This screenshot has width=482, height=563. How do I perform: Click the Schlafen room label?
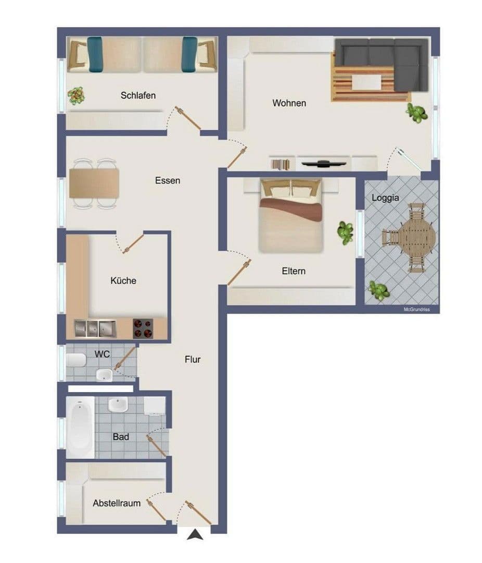pos(138,95)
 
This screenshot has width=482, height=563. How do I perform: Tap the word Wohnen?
pos(289,103)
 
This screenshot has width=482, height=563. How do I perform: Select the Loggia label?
pos(385,198)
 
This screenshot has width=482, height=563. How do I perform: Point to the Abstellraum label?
pos(117,503)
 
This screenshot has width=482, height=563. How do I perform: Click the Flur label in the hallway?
pos(192,359)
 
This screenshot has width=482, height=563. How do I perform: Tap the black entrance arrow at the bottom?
pos(196,534)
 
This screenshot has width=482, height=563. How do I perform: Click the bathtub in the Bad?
pos(81,427)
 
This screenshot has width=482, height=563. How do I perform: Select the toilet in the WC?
pos(76,360)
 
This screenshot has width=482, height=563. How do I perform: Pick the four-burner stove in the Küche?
pos(143,328)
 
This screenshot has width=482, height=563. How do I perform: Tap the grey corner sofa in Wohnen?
pos(385,60)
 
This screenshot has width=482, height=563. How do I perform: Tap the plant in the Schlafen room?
pos(77,95)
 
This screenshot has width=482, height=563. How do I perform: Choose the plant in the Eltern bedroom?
pos(345,232)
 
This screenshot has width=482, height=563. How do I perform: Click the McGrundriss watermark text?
pos(420,309)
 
